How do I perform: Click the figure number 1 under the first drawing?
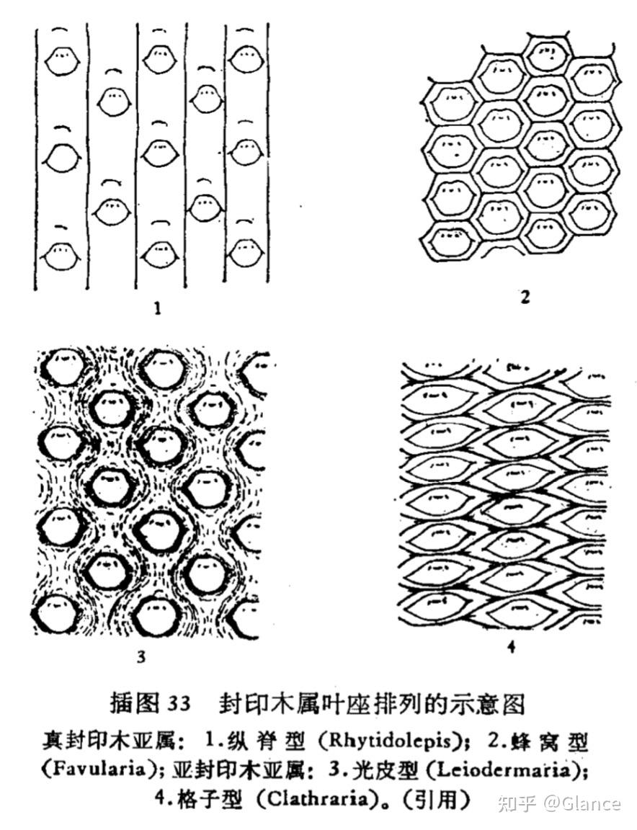pyautogui.click(x=158, y=310)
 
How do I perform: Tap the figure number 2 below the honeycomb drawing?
pyautogui.click(x=525, y=295)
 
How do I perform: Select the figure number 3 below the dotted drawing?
pyautogui.click(x=141, y=656)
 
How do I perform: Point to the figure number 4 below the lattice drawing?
pyautogui.click(x=511, y=646)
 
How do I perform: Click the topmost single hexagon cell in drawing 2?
pyautogui.click(x=550, y=53)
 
